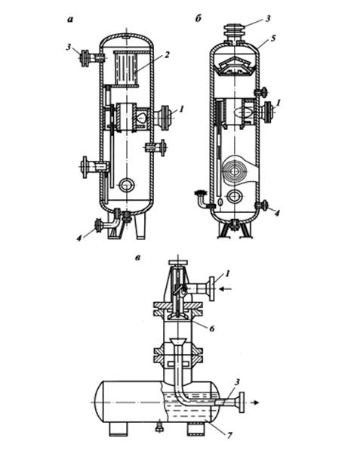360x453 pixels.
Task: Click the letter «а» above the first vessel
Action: click(70, 20)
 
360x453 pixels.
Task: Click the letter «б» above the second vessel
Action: click(198, 19)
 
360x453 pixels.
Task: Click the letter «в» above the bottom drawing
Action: click(137, 257)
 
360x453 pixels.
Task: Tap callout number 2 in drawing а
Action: click(166, 55)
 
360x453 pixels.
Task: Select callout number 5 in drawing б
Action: click(274, 38)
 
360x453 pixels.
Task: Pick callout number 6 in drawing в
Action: click(212, 328)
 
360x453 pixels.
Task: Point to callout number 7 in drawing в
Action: click(229, 435)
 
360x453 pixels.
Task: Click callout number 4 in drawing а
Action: click(78, 238)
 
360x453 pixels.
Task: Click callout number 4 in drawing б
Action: click(277, 214)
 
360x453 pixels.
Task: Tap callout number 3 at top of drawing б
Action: click(268, 19)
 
